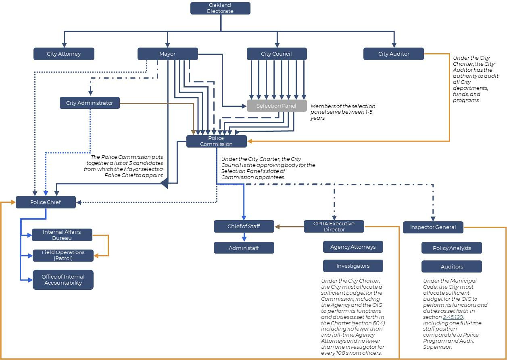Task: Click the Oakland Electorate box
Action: click(220, 8)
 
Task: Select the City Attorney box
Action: click(64, 54)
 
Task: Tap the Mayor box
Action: click(167, 54)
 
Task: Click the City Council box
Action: click(277, 54)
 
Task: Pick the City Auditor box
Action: click(394, 54)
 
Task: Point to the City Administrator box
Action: click(90, 103)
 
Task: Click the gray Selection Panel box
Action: click(276, 106)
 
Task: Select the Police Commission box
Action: click(216, 141)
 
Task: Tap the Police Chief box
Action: click(46, 202)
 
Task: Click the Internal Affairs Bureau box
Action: click(62, 235)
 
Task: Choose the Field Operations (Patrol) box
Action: click(63, 256)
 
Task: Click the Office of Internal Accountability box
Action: click(63, 280)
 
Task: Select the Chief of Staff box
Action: click(244, 227)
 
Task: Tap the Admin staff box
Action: click(244, 248)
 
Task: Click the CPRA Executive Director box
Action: click(334, 227)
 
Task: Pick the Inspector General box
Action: click(433, 227)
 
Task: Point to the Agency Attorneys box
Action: click(353, 247)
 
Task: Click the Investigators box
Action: click(353, 266)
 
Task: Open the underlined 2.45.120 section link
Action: click(453, 317)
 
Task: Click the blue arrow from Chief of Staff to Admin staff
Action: click(244, 237)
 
